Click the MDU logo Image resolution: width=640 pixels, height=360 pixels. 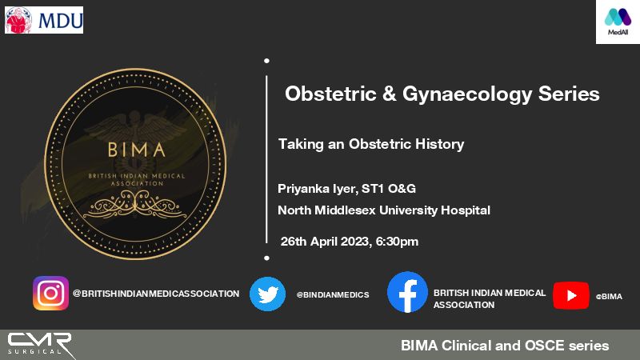(44, 20)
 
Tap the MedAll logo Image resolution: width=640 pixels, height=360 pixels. (618, 22)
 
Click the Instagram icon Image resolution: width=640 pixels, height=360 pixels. (51, 293)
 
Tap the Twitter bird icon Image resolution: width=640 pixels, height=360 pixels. (268, 294)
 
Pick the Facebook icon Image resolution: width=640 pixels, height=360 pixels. (407, 292)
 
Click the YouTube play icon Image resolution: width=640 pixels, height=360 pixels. (571, 295)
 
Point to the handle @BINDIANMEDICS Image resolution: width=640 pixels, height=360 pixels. (333, 294)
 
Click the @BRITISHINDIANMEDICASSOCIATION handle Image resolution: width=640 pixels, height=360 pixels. (156, 294)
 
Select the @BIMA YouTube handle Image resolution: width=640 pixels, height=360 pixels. (609, 297)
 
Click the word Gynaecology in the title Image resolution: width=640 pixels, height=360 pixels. (467, 94)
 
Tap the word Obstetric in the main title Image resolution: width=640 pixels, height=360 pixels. (330, 94)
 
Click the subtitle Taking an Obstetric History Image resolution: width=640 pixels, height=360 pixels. (371, 145)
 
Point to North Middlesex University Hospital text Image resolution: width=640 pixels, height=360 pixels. (384, 210)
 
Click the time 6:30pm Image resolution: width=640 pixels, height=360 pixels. (397, 242)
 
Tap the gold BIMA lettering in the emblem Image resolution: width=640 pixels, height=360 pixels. (137, 150)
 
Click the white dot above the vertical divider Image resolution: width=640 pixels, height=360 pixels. (266, 61)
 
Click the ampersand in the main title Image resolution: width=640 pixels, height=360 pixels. (390, 94)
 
